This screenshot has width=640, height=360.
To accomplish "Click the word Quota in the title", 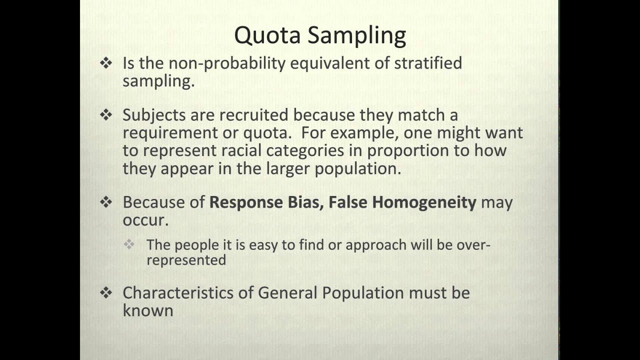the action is tap(267, 35).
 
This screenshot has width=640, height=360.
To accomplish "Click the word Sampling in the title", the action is tap(357, 36).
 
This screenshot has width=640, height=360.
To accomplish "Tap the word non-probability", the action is tap(227, 63).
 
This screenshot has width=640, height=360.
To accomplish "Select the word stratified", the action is tap(428, 63).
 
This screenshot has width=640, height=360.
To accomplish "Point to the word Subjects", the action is tap(154, 115).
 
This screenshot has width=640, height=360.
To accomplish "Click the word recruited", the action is tap(253, 115).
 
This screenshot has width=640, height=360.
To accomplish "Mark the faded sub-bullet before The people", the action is tap(129, 244).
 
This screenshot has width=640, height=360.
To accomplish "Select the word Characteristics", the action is tap(177, 293).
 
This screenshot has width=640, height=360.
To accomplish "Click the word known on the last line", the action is tap(148, 310).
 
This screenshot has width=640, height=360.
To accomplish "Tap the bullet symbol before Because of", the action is tap(106, 202).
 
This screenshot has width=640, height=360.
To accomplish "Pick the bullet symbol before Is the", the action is tap(106, 63).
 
